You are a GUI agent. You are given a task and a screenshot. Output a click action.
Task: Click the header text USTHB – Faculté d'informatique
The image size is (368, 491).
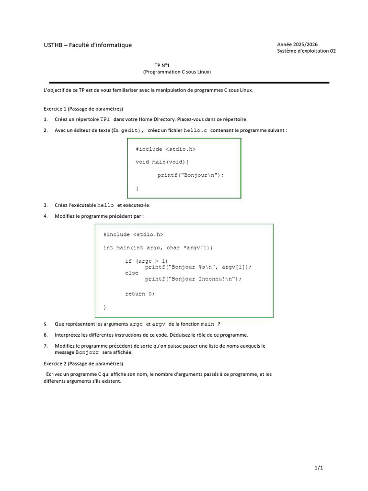click(88, 45)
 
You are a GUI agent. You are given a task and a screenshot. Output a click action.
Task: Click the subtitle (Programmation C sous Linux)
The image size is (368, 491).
click(177, 71)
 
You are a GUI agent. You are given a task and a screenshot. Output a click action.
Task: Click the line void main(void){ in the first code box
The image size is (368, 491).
click(162, 162)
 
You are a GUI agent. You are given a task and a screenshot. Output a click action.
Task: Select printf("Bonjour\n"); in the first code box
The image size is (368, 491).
click(191, 175)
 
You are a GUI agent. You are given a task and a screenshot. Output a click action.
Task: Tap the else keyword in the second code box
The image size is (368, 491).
click(131, 272)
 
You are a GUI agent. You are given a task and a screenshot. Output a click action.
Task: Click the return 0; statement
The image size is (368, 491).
click(140, 293)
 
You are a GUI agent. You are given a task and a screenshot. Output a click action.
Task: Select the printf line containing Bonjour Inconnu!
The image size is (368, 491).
click(193, 279)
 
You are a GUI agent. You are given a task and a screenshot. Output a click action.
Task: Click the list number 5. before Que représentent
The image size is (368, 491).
click(46, 325)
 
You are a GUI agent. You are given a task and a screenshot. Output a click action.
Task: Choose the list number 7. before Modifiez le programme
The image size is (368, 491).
click(46, 346)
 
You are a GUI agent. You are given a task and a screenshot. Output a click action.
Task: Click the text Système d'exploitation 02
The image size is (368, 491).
click(306, 51)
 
